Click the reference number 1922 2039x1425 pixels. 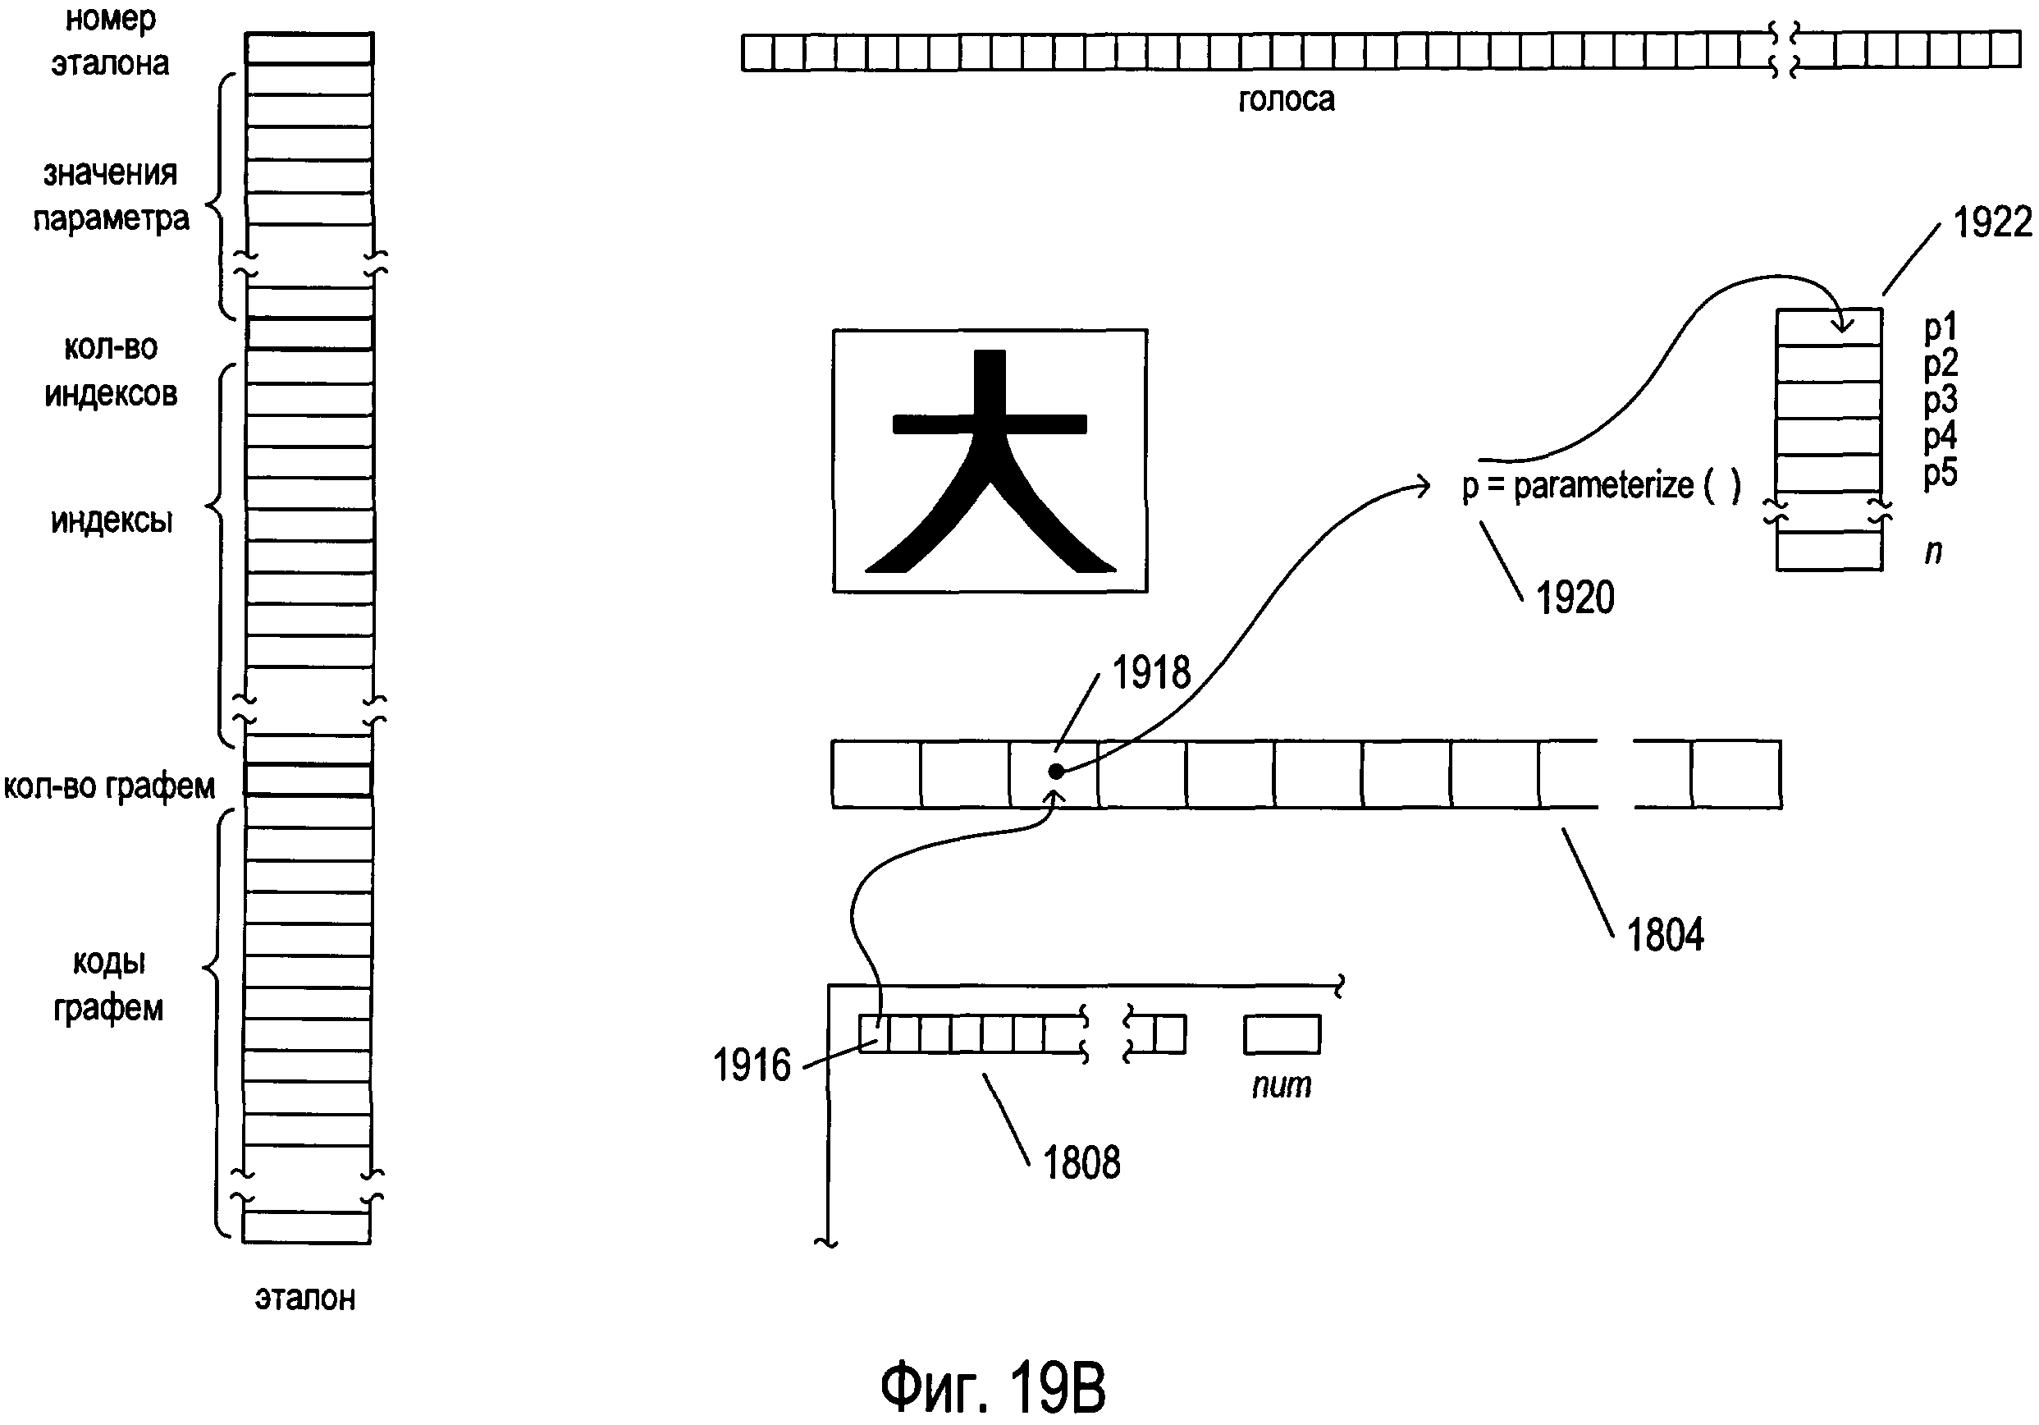pyautogui.click(x=1992, y=222)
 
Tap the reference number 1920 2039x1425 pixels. pyautogui.click(x=1575, y=598)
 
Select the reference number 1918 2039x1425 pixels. pyautogui.click(x=1151, y=672)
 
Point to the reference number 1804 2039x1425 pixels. pyautogui.click(x=1664, y=936)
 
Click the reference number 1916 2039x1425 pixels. pyautogui.click(x=752, y=1065)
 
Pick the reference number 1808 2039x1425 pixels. pyautogui.click(x=1081, y=1162)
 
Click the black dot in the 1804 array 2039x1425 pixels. pyautogui.click(x=1056, y=771)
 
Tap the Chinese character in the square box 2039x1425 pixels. pyautogui.click(x=990, y=461)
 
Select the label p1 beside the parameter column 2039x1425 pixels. pyautogui.click(x=1940, y=328)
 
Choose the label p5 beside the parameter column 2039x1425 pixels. pyautogui.click(x=1940, y=473)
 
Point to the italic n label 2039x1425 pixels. pyautogui.click(x=1932, y=552)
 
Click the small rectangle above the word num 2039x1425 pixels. pyautogui.click(x=1282, y=1034)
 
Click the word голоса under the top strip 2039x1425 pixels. pyautogui.click(x=1286, y=99)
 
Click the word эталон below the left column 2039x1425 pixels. pyautogui.click(x=304, y=1298)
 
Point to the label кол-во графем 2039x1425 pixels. pyautogui.click(x=109, y=786)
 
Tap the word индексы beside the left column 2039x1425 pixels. pyautogui.click(x=111, y=520)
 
